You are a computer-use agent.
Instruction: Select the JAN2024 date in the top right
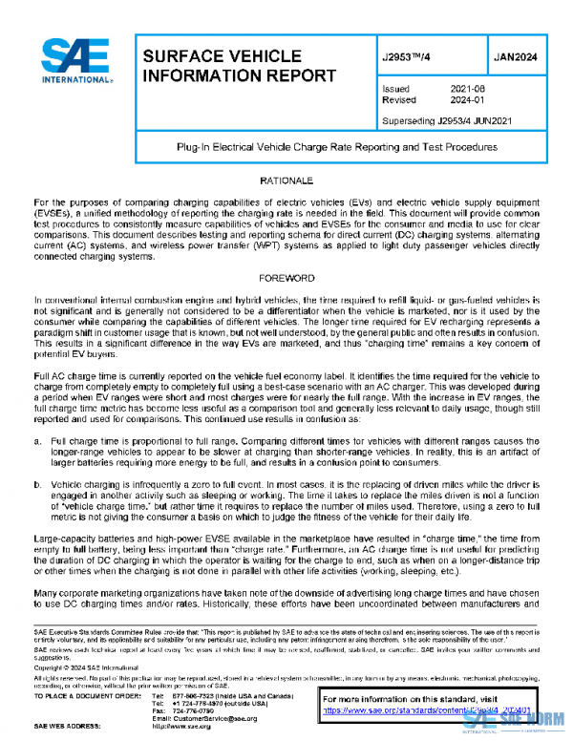click(516, 57)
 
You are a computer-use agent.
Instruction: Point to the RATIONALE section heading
click(286, 180)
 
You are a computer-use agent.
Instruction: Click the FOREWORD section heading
click(286, 278)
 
